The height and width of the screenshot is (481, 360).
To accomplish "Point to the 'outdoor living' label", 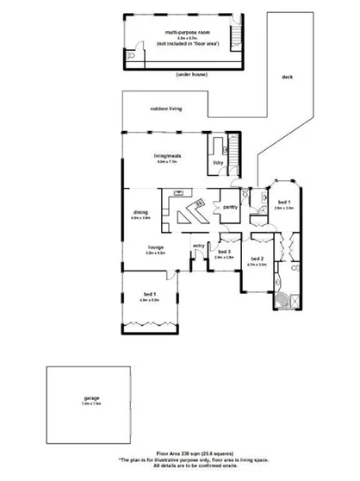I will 165,109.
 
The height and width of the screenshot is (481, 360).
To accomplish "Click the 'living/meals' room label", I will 166,155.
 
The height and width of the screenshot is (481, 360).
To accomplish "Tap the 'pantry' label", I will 229,207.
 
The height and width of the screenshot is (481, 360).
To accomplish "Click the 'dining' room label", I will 140,213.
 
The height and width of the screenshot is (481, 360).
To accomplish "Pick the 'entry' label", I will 199,246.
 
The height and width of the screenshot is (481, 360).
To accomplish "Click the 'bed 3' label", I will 224,252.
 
